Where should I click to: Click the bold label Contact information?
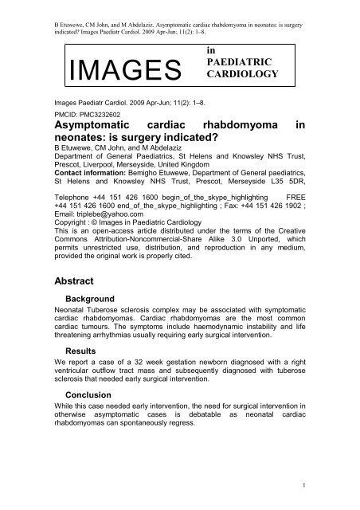[100, 174]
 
